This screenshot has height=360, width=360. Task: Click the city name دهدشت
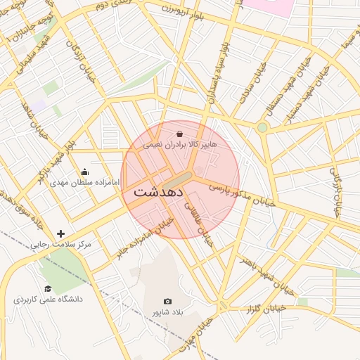point(158,191)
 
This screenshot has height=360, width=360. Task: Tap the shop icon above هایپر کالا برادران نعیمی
point(180,133)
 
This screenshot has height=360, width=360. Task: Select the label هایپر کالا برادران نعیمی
point(180,144)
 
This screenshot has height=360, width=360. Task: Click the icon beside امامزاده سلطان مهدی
point(85,171)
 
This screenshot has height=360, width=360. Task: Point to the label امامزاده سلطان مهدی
point(85,182)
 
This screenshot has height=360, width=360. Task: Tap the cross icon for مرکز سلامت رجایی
point(61,233)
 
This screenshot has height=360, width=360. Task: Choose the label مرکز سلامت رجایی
point(61,245)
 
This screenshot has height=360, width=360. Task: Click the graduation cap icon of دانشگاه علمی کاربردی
point(48,288)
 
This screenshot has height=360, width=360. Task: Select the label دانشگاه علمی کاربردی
point(48,300)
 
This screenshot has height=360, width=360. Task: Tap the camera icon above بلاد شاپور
point(167,301)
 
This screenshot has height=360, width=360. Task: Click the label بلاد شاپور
point(167,312)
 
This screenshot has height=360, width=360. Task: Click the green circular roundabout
point(262,127)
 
